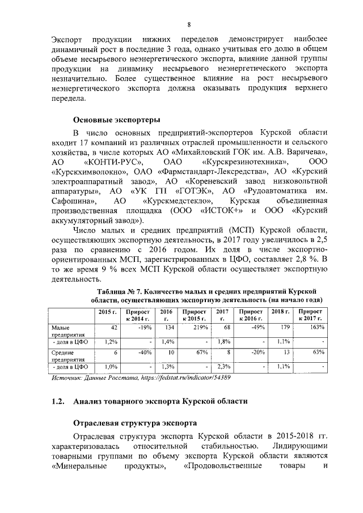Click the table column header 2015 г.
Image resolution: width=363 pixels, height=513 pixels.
click(x=107, y=312)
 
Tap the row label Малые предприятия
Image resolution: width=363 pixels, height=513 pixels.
click(x=64, y=331)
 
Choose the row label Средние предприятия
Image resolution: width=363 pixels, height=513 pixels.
click(x=64, y=355)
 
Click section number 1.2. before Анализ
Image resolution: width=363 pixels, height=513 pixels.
click(x=58, y=401)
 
